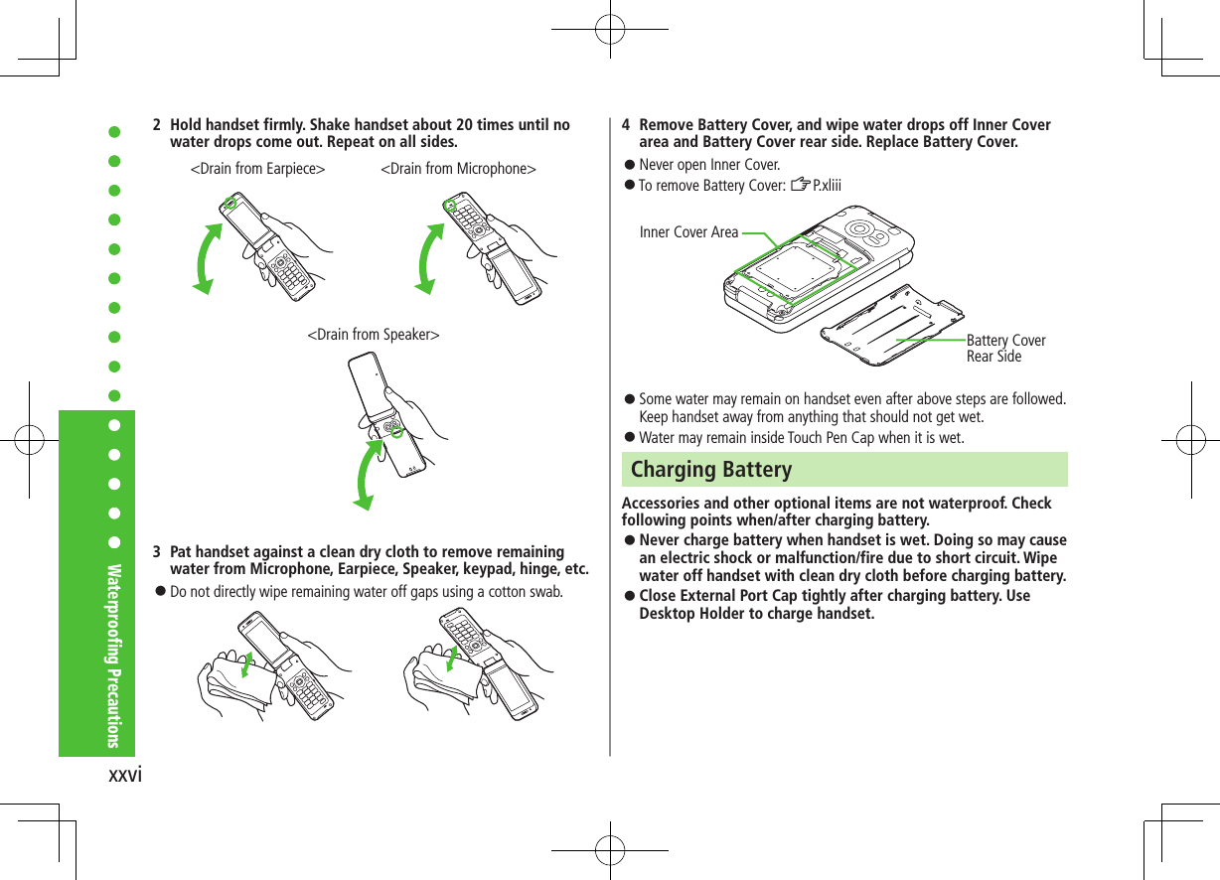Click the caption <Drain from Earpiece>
coord(257,169)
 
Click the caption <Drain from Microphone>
coord(458,169)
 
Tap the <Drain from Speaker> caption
coord(373,335)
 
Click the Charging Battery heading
coord(711,469)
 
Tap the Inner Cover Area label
coord(688,232)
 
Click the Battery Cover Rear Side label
coord(1004,349)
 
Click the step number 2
coord(157,125)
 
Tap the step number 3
coord(157,552)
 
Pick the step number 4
coord(626,125)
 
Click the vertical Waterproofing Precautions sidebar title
coord(114,656)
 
